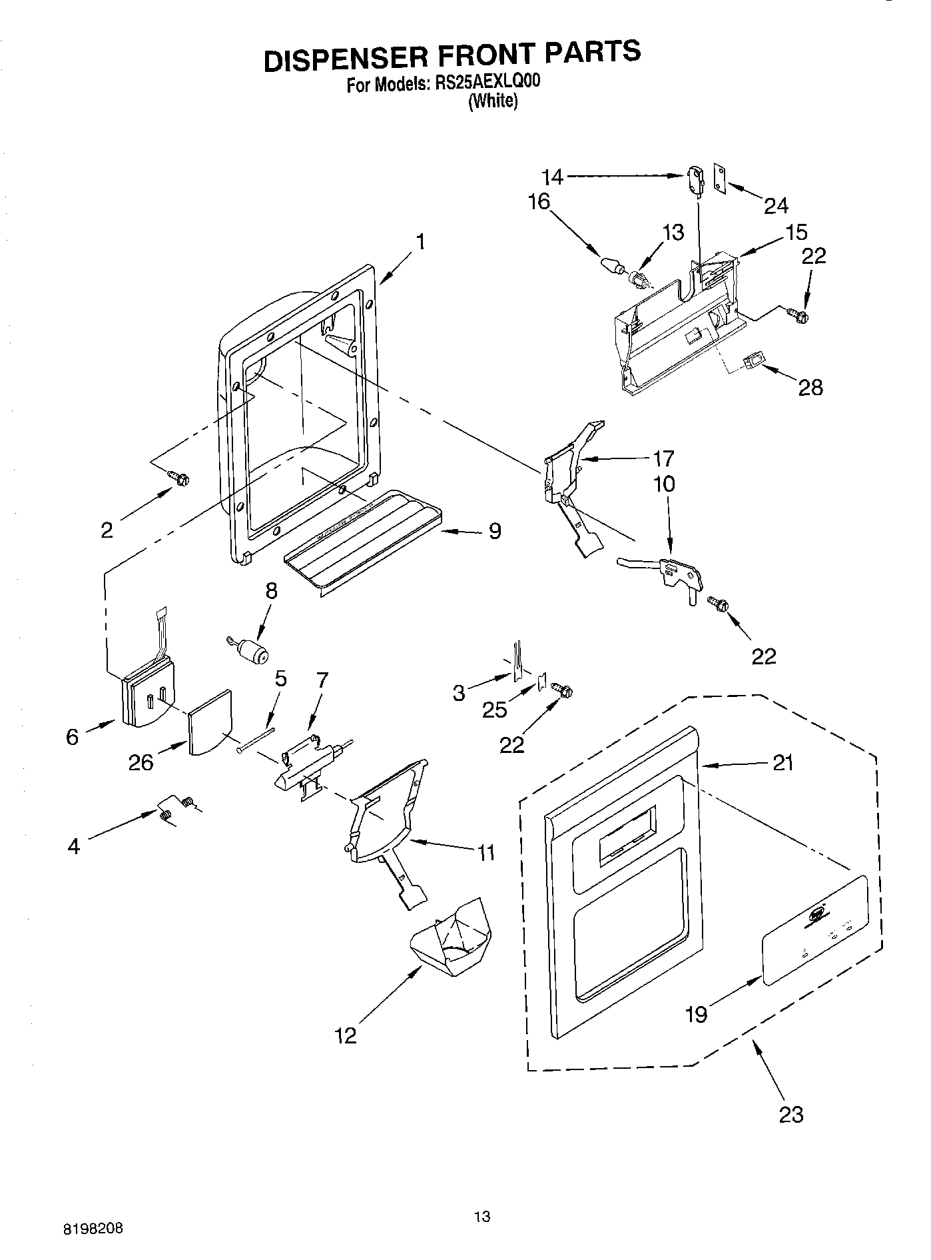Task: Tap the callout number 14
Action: (x=552, y=177)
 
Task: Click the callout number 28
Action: (x=810, y=387)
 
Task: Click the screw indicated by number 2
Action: (x=179, y=477)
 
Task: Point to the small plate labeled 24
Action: (x=720, y=179)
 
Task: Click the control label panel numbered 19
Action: (x=814, y=930)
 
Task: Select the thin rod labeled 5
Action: (x=256, y=740)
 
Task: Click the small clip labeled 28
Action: (x=753, y=362)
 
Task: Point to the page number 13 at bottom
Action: (x=482, y=1217)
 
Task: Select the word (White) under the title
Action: (x=492, y=101)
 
